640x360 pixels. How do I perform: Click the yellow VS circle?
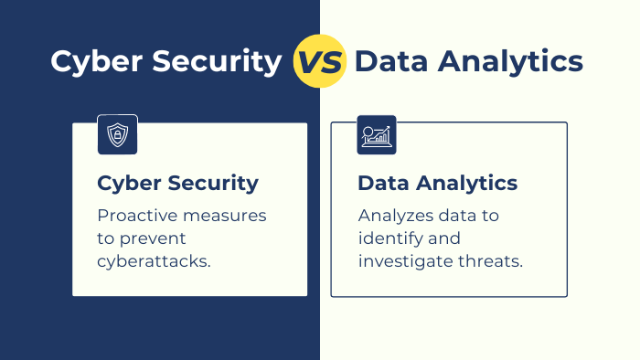coord(319,62)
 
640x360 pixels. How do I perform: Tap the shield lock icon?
coord(117,135)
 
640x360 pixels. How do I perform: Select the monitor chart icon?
coord(376,135)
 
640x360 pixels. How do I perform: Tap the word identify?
coord(389,238)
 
